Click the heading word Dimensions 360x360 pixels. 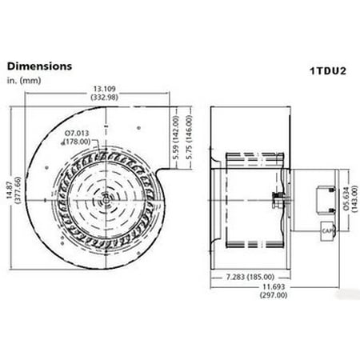click(40, 65)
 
